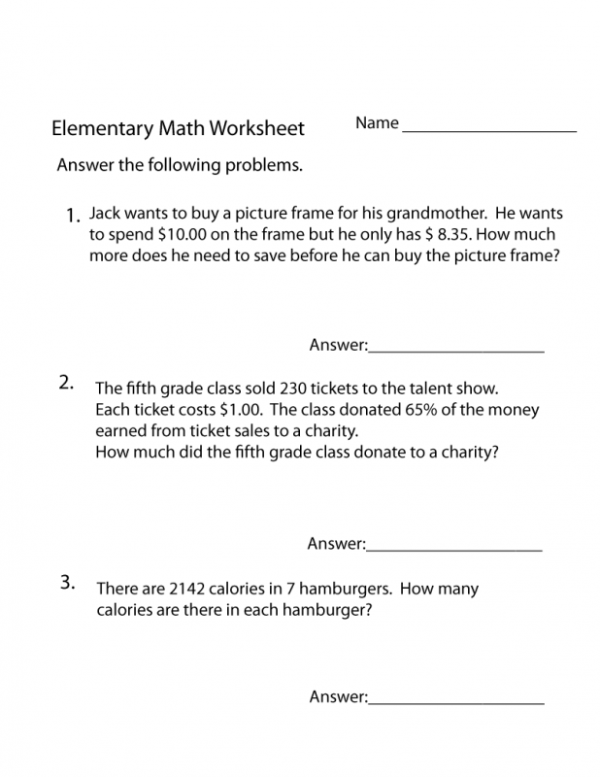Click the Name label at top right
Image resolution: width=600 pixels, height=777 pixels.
pos(377,123)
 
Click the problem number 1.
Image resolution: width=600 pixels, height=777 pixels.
pos(72,216)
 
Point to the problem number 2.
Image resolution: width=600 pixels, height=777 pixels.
pos(66,382)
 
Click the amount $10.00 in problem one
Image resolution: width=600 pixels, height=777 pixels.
pos(170,234)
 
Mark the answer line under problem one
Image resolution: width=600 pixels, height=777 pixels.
pos(455,350)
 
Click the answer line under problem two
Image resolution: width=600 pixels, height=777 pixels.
pos(453,550)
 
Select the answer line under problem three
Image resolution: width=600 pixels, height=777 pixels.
pos(455,702)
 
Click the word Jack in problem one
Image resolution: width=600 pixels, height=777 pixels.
pos(106,213)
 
